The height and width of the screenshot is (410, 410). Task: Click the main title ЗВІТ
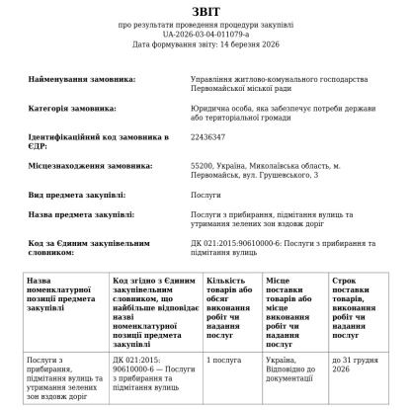tap(205, 10)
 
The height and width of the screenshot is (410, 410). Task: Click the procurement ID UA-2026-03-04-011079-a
tap(205, 34)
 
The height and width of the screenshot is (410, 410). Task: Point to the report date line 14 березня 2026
tap(205, 44)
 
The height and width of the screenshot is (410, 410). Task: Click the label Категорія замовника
tap(73, 107)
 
